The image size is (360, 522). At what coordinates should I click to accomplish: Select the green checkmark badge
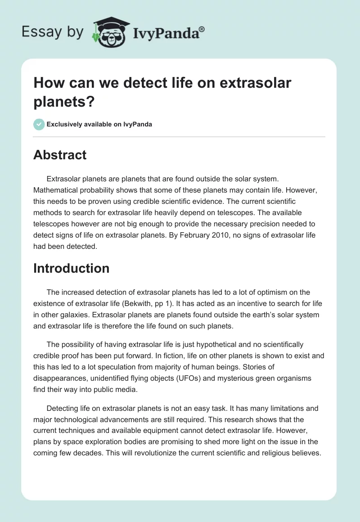pos(39,124)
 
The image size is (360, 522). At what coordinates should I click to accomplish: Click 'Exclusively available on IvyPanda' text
pos(99,124)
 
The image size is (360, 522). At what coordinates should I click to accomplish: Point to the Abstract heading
pos(60,155)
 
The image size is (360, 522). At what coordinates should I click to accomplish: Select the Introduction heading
pos(72,268)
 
